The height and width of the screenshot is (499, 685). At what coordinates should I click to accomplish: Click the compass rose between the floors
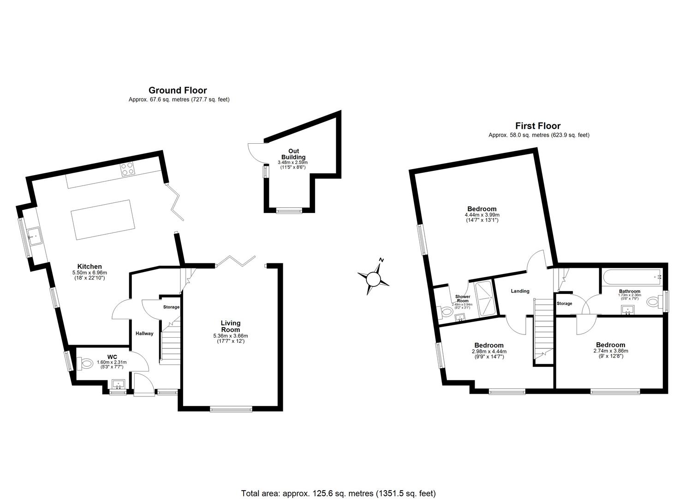373,278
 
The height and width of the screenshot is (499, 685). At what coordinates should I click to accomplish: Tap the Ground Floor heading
178,91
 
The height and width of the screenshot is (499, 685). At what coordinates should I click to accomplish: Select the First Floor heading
538,126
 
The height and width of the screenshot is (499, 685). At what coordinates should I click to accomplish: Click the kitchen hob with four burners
127,169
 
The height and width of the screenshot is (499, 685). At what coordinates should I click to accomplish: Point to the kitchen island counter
101,219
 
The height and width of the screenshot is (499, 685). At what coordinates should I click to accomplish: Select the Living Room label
230,326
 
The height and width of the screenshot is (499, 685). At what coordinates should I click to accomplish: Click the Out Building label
294,154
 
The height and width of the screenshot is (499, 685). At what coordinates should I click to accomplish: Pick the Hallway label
144,334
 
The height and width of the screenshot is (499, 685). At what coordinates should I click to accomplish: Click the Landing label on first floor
520,291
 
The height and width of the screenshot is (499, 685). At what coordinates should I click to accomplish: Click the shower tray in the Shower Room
484,298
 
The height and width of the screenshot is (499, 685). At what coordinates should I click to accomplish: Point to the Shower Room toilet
447,312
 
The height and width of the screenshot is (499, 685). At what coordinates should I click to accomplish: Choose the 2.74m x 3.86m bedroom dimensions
610,351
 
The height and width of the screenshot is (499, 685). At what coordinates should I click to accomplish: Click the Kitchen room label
89,267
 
